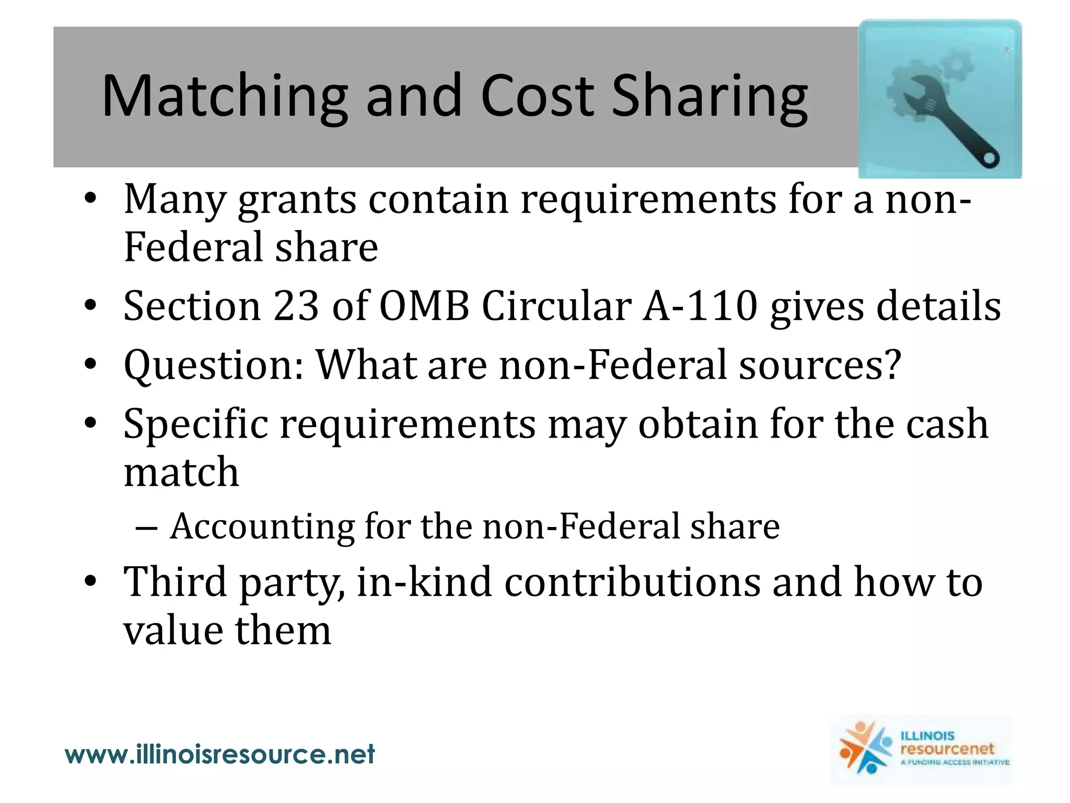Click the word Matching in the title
(225, 97)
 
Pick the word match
(181, 472)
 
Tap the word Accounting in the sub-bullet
(263, 526)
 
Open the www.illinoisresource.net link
(220, 754)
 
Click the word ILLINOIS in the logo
(927, 736)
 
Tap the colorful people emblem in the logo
(865, 749)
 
